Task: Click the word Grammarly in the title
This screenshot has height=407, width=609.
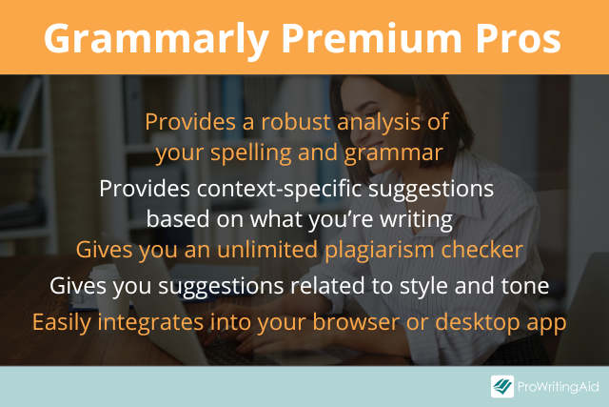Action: (x=156, y=40)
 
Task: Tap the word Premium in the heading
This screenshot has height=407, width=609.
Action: (x=372, y=38)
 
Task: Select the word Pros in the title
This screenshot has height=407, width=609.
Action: (x=518, y=38)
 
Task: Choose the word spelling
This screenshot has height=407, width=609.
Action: (x=251, y=153)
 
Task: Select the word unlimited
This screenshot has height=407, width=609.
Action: (x=267, y=250)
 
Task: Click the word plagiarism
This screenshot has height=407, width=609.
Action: (x=379, y=251)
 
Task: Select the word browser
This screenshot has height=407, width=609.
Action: (x=356, y=322)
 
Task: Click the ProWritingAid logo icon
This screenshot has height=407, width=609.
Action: (x=502, y=386)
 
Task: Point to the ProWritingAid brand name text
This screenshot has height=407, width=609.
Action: (x=559, y=387)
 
